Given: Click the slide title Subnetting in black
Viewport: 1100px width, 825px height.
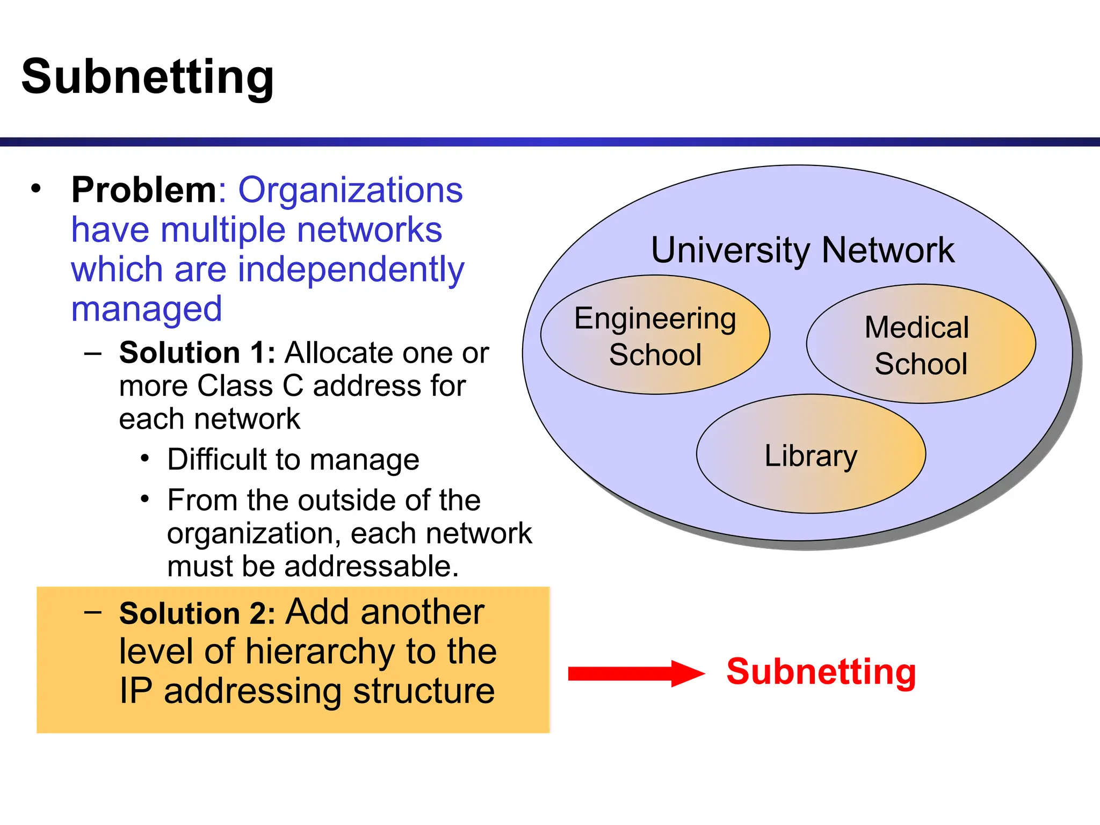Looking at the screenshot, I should [148, 77].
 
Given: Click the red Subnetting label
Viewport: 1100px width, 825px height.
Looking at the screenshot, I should [821, 672].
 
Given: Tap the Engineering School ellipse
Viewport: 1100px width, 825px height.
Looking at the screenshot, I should [655, 335].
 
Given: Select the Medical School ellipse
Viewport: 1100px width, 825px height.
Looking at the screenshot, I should [921, 344].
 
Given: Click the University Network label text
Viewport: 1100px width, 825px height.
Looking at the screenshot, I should [802, 250].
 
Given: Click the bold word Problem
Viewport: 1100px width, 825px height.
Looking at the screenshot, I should [144, 190].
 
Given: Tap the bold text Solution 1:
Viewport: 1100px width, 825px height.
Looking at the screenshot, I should [197, 353].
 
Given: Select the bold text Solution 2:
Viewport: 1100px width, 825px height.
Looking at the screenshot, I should [197, 613].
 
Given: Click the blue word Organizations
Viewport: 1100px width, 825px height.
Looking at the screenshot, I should [350, 190].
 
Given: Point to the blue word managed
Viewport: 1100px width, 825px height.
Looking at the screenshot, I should [147, 309].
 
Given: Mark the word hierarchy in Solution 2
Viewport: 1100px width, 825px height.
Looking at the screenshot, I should [321, 652].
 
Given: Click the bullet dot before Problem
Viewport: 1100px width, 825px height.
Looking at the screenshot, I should [36, 189].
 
